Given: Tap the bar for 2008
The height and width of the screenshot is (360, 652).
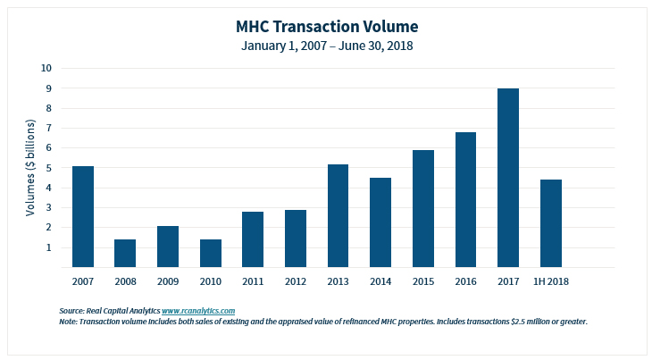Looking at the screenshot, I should [125, 253].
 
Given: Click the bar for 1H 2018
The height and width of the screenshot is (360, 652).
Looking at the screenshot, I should [551, 223].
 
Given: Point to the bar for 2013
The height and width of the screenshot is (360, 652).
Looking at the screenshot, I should [339, 215].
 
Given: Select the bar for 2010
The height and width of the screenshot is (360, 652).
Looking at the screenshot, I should [211, 253].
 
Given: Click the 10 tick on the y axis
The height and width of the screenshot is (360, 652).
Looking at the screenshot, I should [46, 68].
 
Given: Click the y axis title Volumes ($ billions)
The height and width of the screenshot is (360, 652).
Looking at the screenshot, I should [30, 168].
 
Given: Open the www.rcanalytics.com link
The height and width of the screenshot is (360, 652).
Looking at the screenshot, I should [198, 310].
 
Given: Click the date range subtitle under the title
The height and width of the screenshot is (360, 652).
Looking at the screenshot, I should [326, 45].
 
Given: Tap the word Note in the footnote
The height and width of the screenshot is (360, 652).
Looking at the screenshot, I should [68, 321].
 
